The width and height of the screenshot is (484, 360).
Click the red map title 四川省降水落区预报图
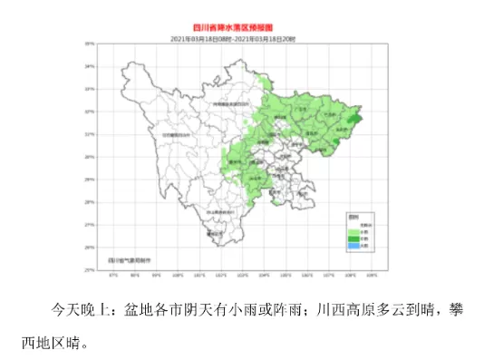tap(241, 29)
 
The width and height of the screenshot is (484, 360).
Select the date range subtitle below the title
tap(241, 38)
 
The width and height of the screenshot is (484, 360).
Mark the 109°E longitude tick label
tap(372, 274)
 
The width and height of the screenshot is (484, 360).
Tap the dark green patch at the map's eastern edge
tap(355, 115)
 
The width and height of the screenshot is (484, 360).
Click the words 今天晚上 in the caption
tap(81, 309)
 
